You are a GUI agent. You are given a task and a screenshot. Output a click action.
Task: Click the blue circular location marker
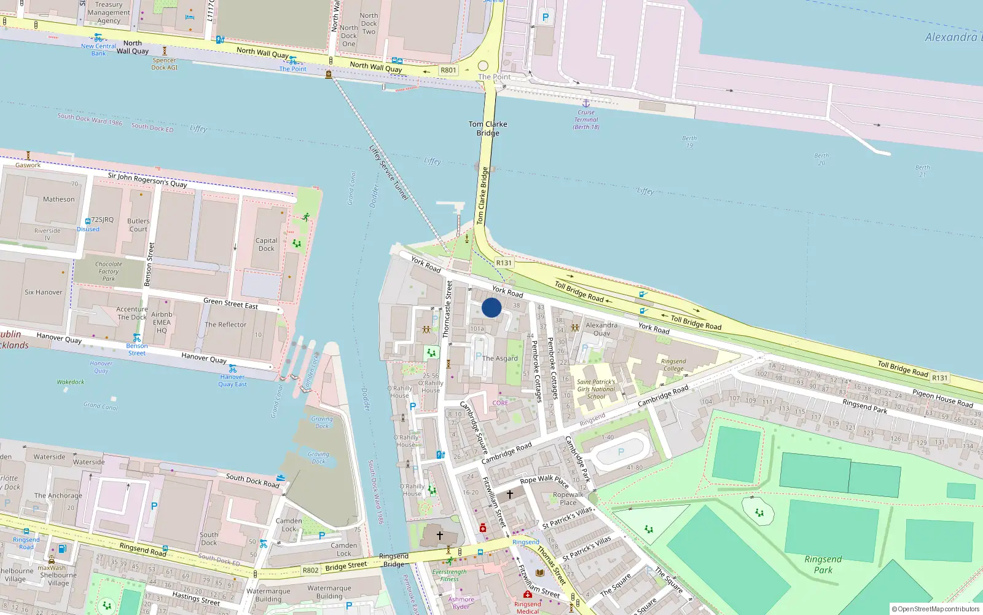(491, 307)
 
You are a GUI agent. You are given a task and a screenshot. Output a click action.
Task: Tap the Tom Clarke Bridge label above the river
(488, 129)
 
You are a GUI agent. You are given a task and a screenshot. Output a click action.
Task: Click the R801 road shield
(448, 70)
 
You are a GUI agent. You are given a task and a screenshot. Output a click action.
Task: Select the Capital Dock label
(267, 245)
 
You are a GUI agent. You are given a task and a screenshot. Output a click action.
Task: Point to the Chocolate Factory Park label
(109, 271)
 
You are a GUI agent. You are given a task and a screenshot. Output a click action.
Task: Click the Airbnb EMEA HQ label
(162, 322)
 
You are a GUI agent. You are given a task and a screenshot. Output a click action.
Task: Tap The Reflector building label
(225, 325)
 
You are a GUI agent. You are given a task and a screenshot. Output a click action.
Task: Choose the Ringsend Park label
(823, 565)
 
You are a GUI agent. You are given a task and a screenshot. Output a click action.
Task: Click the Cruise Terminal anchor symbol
(586, 103)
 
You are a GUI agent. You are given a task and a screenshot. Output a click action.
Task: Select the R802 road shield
(311, 570)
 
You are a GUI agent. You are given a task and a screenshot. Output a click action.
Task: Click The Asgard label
(500, 358)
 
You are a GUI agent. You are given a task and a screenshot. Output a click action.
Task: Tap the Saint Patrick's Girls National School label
(596, 389)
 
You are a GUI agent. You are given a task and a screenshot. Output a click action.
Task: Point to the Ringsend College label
(673, 365)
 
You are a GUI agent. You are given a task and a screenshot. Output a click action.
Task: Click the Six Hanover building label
(44, 292)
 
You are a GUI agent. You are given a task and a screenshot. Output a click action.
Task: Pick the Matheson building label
(59, 199)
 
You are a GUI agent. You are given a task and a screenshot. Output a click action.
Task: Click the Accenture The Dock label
(132, 314)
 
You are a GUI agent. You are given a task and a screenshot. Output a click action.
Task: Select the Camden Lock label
(289, 525)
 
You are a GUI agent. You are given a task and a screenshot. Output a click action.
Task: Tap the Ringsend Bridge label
(394, 560)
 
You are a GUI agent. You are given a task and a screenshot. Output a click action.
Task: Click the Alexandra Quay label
(601, 329)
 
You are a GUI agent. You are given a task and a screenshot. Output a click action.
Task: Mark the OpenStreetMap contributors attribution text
(936, 609)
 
